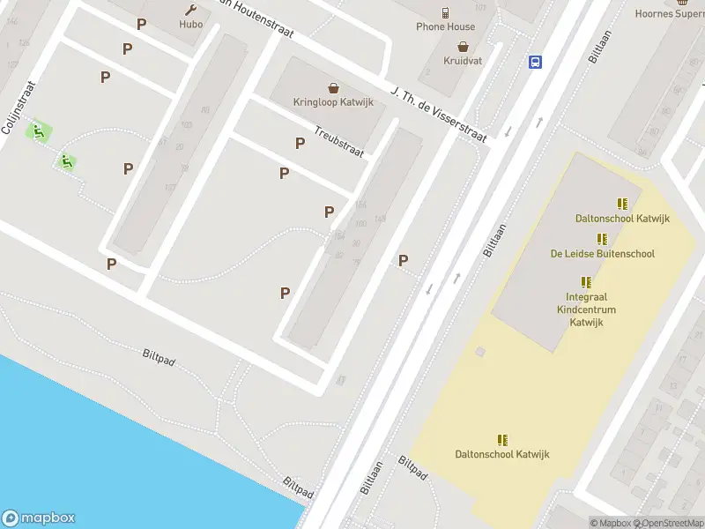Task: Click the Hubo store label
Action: [x=191, y=25]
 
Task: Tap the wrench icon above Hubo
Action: [x=191, y=10]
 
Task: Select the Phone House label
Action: [x=445, y=26]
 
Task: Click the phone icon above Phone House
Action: [x=446, y=12]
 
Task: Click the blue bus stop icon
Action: [x=535, y=62]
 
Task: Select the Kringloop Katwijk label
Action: [x=333, y=102]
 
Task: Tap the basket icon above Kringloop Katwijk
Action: [x=333, y=87]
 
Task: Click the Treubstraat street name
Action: [x=339, y=142]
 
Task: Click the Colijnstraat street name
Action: [x=18, y=108]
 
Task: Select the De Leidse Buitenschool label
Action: [x=603, y=254]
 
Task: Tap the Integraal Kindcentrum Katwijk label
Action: [x=586, y=309]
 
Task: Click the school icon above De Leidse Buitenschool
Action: [x=602, y=239]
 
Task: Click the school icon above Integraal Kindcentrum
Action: [x=586, y=282]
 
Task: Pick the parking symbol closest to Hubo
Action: [x=141, y=25]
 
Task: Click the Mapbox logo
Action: [x=38, y=518]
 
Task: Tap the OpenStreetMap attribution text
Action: [x=667, y=523]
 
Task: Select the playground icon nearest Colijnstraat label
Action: [x=38, y=132]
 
